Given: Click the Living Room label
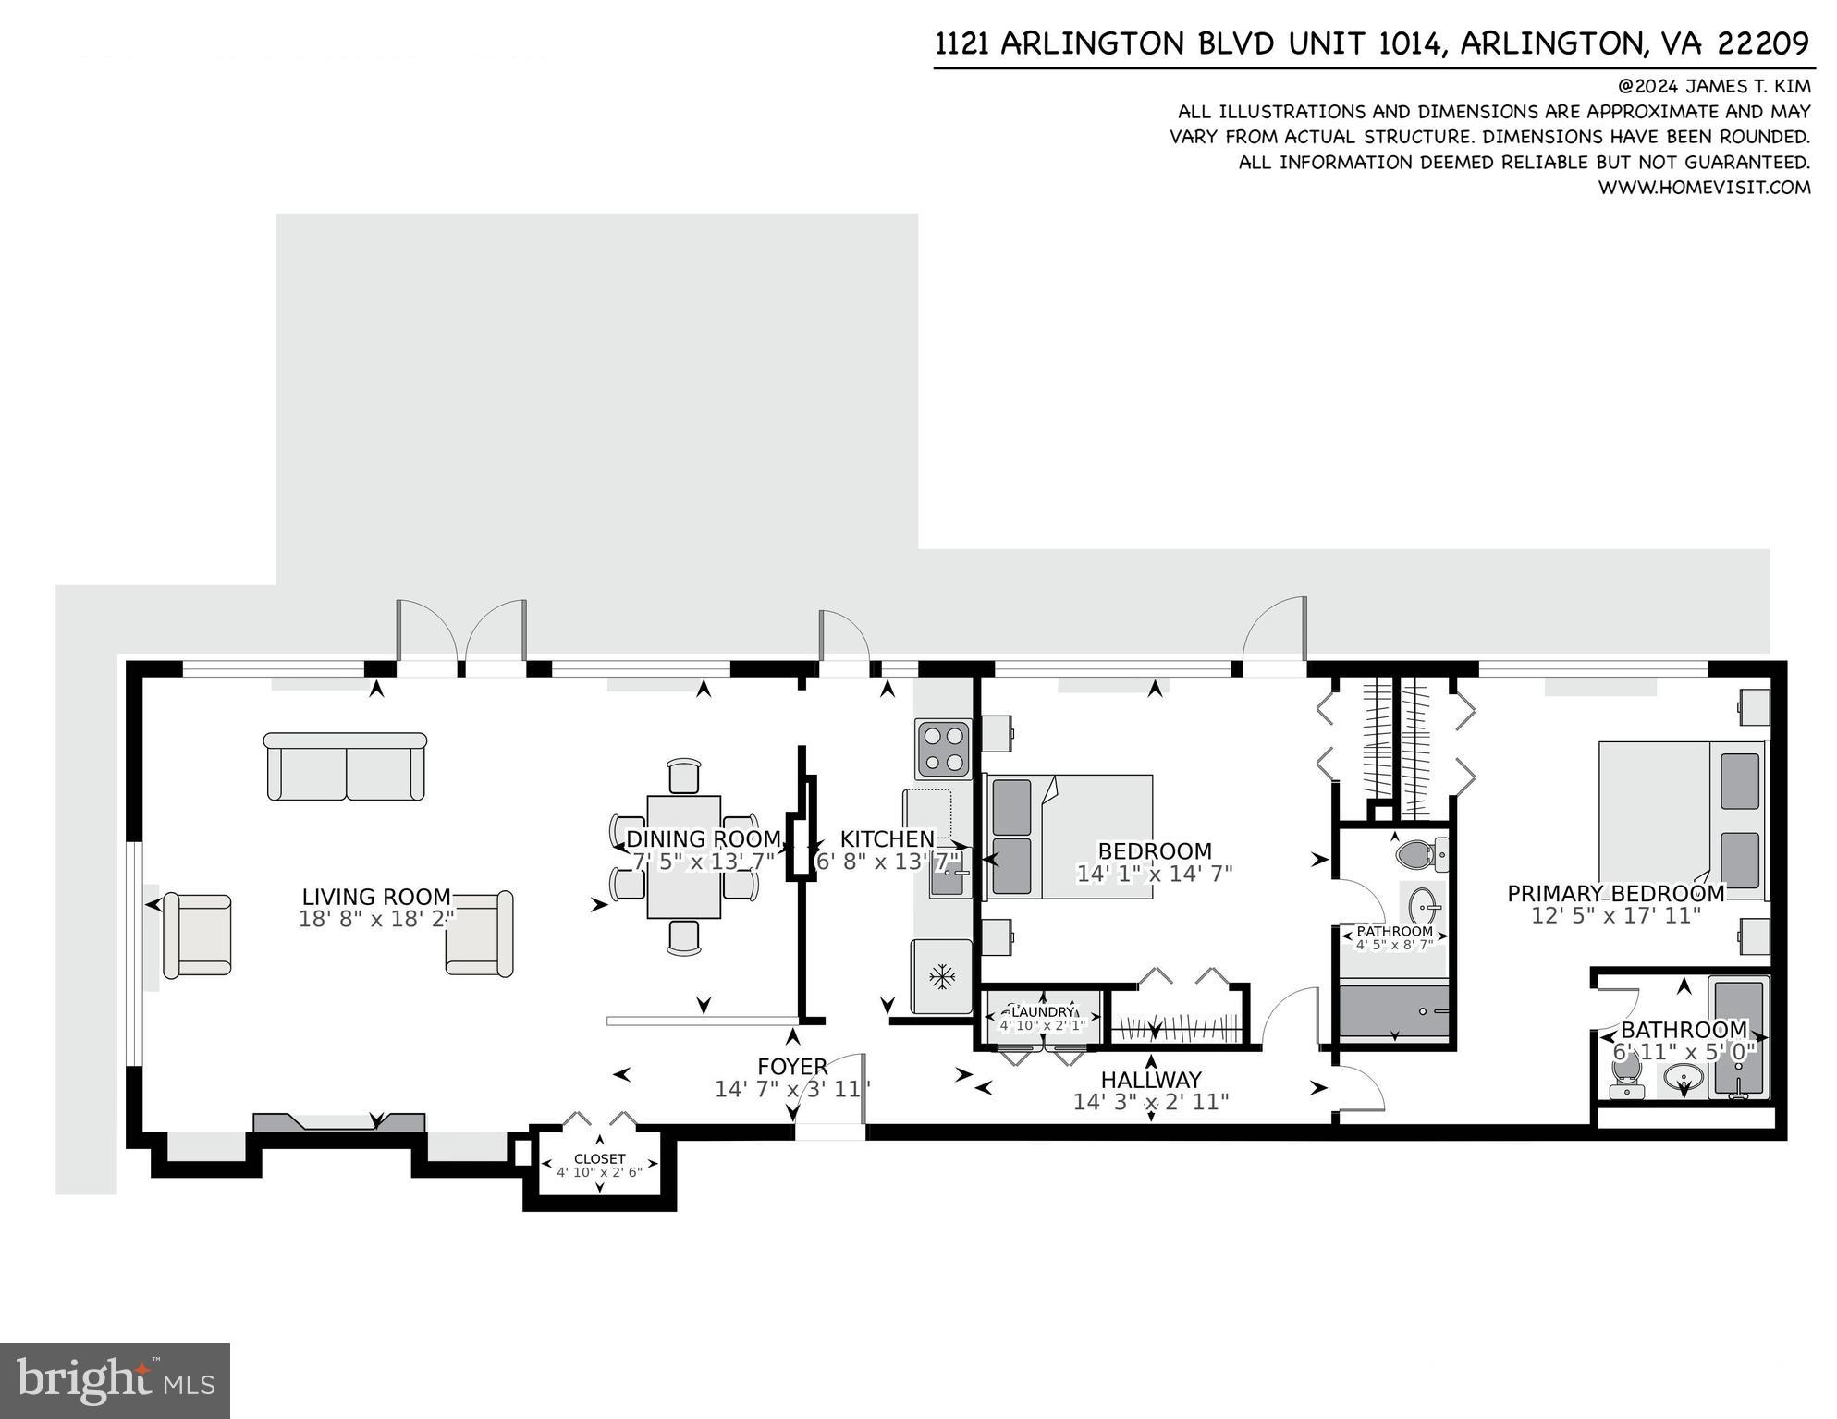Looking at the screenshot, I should click(376, 897).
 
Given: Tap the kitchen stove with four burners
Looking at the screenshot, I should click(943, 749).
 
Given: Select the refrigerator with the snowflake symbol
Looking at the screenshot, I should click(941, 976).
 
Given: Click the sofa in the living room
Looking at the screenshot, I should click(345, 767).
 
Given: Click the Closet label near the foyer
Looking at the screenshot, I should click(599, 1158).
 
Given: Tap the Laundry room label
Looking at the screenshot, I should click(1042, 1011).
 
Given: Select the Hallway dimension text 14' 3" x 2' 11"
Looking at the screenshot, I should click(1151, 1102).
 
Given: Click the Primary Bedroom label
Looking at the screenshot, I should click(1616, 894).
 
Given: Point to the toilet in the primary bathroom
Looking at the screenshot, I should click(1624, 1075).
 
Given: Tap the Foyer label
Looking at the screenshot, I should click(792, 1067).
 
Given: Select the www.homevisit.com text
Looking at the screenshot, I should click(1704, 188).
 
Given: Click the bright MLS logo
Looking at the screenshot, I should click(115, 1380).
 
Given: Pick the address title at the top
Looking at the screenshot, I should click(1372, 43).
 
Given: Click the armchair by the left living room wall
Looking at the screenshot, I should click(197, 935).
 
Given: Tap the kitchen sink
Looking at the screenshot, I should click(948, 881).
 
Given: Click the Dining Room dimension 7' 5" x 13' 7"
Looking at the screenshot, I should click(704, 862).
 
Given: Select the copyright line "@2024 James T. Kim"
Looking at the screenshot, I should click(1713, 86).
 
